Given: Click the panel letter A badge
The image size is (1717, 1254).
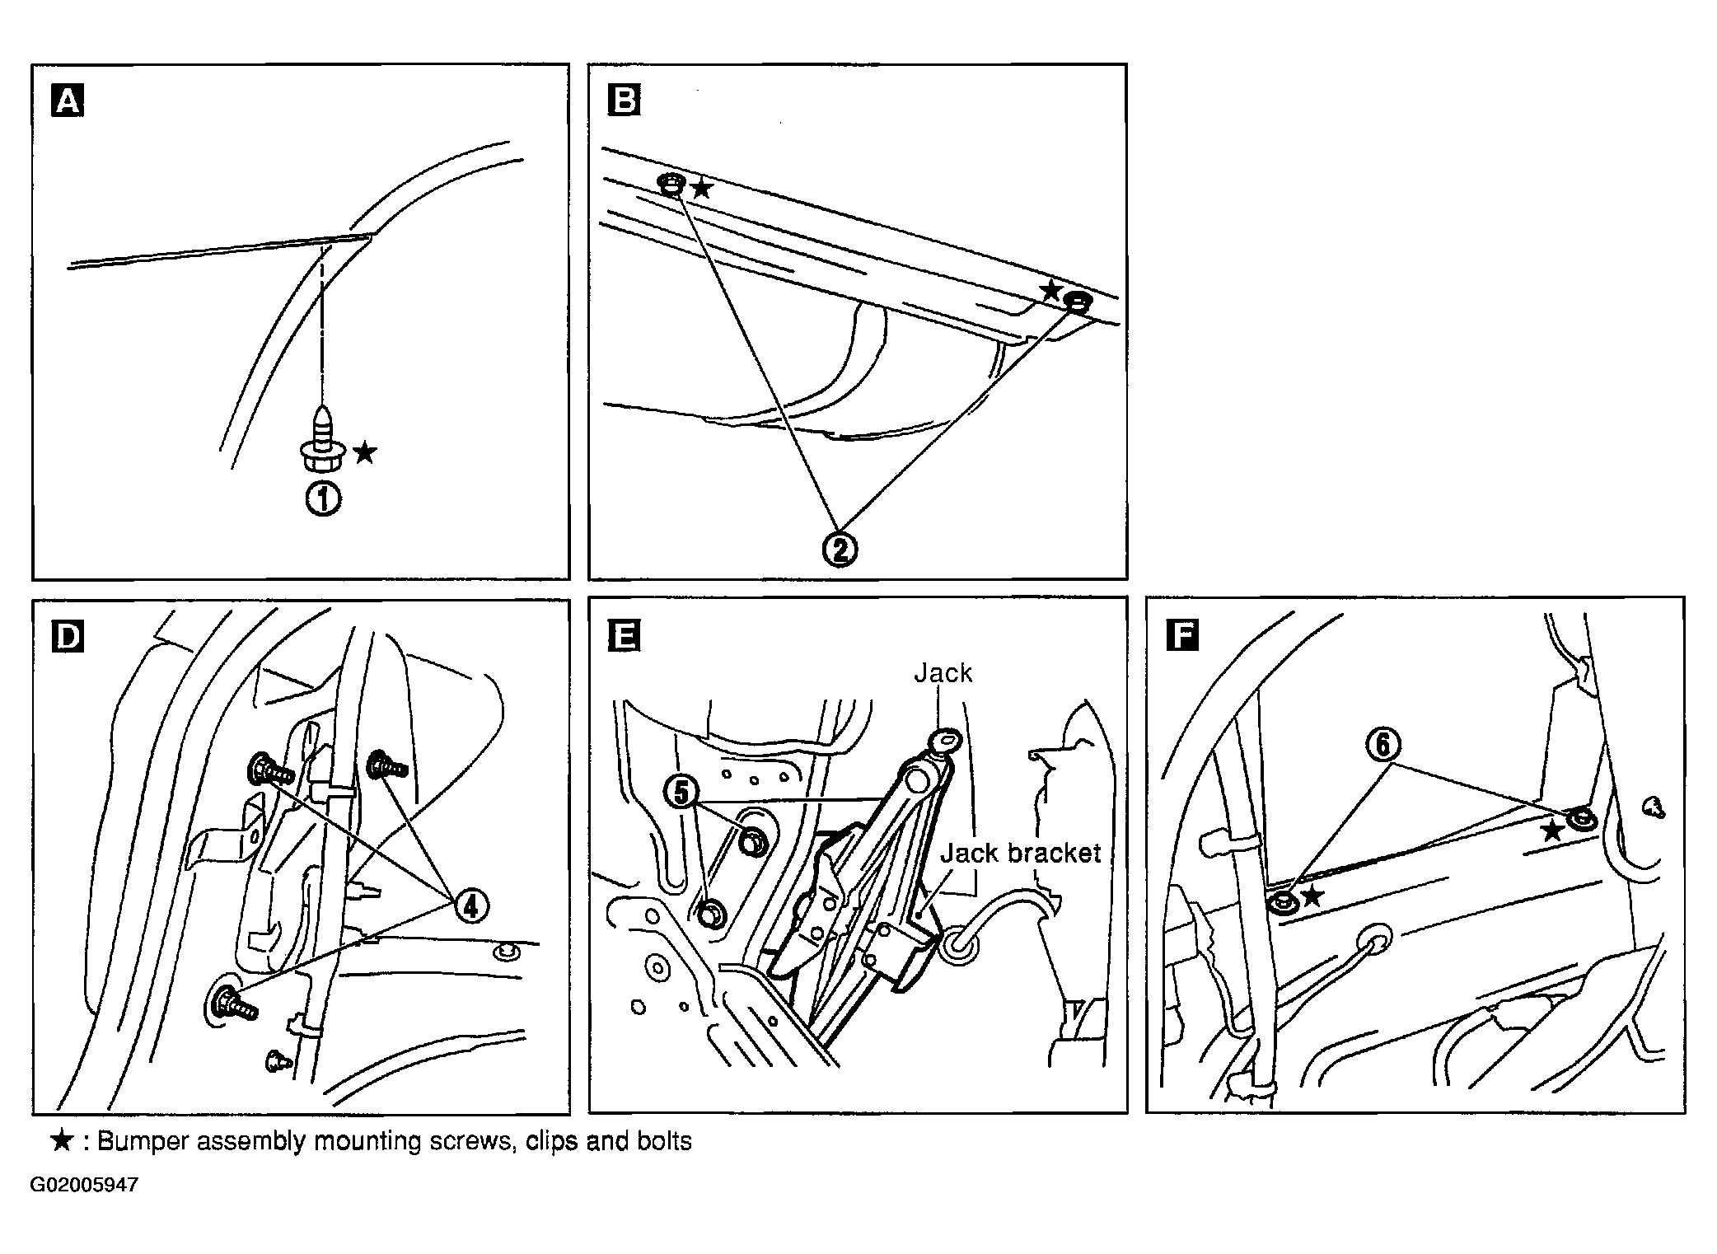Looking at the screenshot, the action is (68, 102).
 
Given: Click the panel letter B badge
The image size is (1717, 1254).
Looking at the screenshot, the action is (624, 101).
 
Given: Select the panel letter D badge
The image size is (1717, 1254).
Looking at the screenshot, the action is (68, 637).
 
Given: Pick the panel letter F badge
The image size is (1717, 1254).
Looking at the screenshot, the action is (1182, 635).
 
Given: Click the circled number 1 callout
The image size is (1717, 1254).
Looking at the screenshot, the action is (324, 499).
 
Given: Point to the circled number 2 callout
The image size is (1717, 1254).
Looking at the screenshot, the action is (840, 548).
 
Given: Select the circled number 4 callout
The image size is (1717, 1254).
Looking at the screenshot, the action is (470, 906).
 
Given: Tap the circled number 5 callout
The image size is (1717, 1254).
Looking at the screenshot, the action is (681, 793).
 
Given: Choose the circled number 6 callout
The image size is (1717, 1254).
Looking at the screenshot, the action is (1383, 745).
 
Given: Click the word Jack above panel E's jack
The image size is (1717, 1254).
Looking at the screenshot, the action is (943, 673).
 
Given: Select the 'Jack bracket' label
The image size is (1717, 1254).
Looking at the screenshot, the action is (1021, 852).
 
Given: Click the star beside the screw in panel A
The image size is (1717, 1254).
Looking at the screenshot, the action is (365, 452).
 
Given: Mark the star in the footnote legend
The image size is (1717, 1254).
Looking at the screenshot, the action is (63, 1140).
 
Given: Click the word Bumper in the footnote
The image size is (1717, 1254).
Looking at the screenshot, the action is (146, 1141).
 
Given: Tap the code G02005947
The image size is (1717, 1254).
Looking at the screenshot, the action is (85, 1185).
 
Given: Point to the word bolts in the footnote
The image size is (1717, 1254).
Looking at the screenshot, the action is (665, 1141).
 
